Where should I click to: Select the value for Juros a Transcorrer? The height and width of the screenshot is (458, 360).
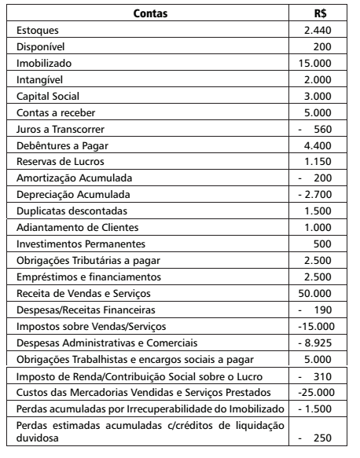click(x=328, y=129)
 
